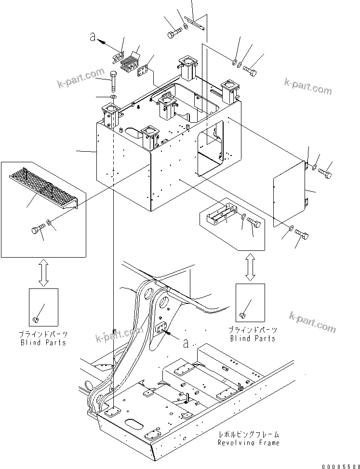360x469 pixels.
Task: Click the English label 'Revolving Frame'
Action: [x=248, y=442]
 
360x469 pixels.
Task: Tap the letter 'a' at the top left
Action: [x=93, y=37]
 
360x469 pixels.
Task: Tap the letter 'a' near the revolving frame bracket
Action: [x=186, y=342]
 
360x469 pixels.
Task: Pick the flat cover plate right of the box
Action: [x=289, y=193]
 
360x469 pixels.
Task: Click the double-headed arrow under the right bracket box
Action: [x=250, y=267]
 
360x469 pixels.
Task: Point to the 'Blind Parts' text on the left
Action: [x=43, y=342]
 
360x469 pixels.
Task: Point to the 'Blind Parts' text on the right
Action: [x=253, y=338]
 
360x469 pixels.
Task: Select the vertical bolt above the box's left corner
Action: [x=113, y=82]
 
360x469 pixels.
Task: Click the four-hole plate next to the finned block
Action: [x=143, y=72]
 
